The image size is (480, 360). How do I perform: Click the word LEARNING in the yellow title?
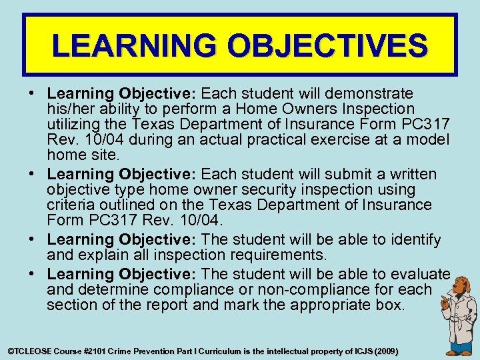tap(136, 45)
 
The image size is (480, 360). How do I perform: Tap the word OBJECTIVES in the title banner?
tap(328, 45)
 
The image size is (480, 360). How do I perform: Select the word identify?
tap(417, 239)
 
